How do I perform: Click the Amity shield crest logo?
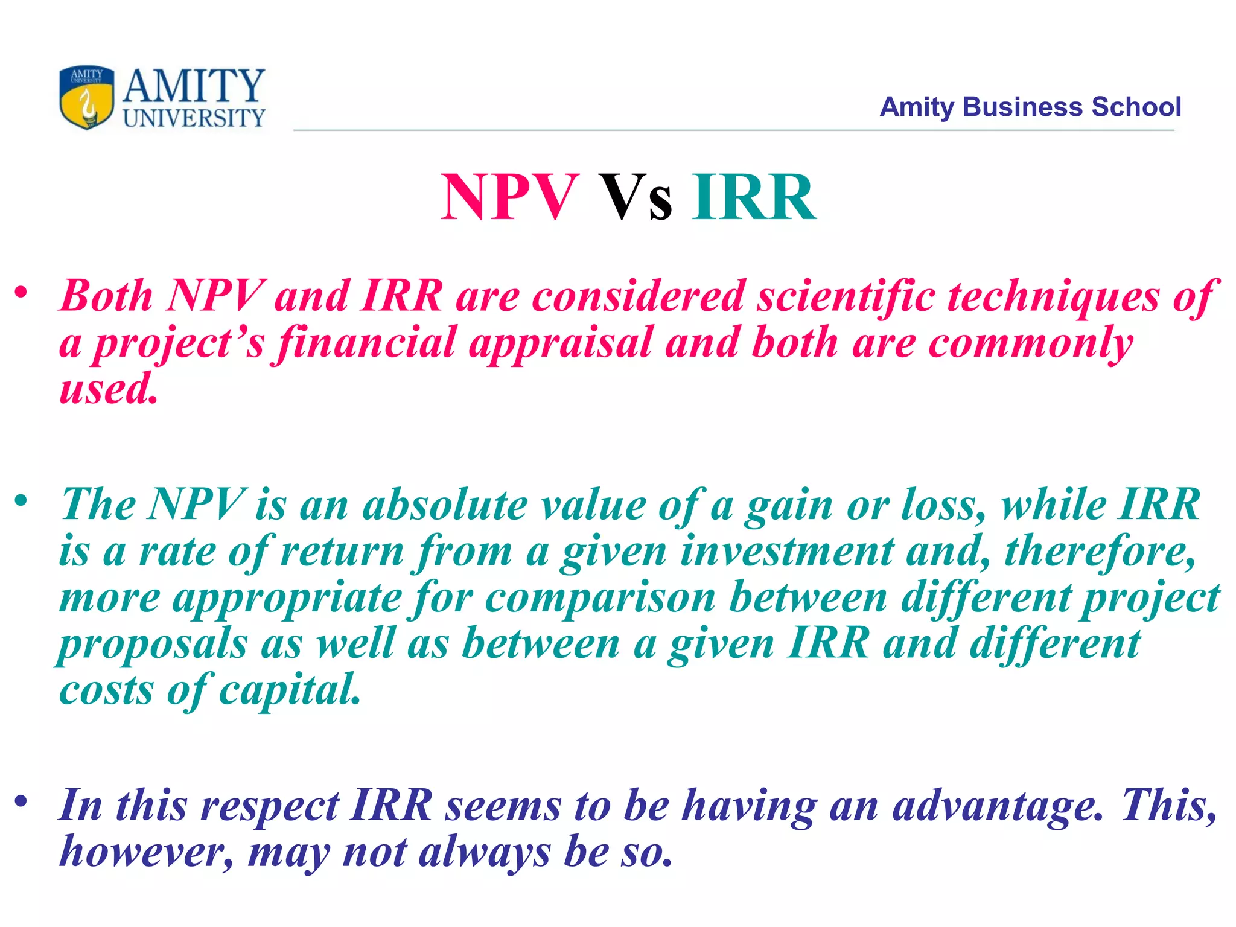[87, 97]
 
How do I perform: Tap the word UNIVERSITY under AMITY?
[194, 118]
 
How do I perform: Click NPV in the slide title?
[509, 197]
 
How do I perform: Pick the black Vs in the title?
[635, 197]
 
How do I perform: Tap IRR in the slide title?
[754, 197]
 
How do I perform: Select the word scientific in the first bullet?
[846, 296]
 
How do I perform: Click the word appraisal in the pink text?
[561, 343]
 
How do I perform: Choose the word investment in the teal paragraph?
[787, 551]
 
